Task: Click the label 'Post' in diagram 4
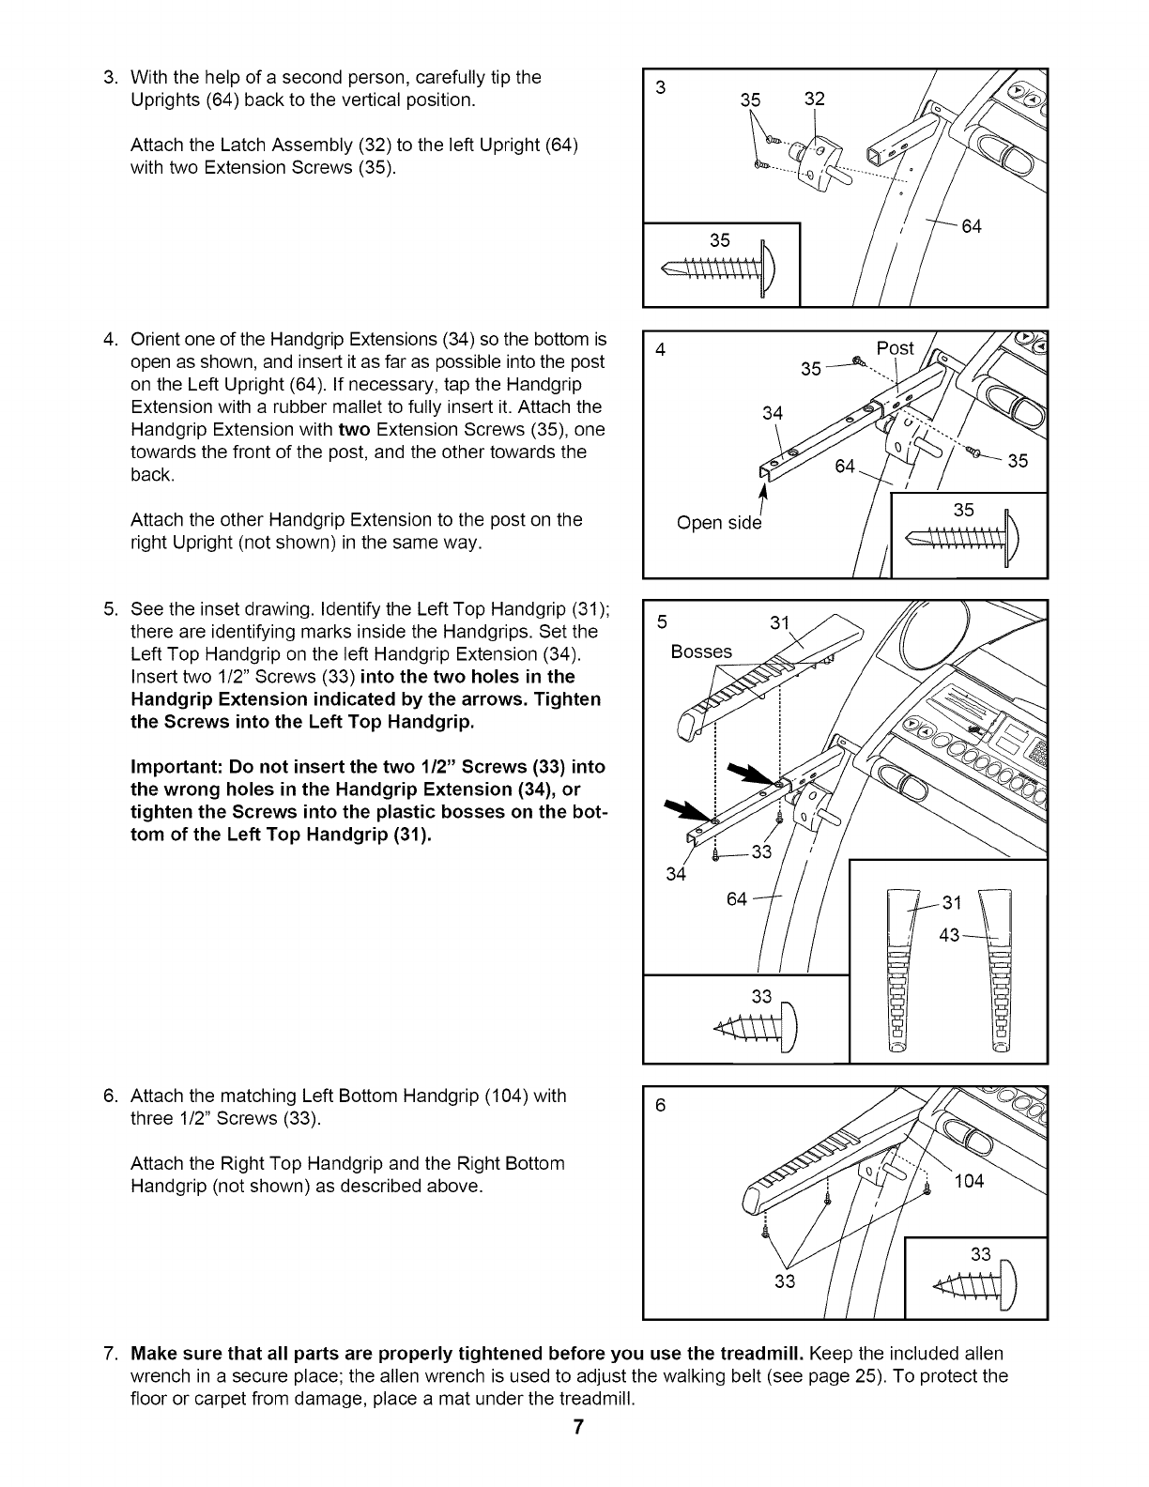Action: [x=895, y=348]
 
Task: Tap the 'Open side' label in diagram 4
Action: [x=719, y=523]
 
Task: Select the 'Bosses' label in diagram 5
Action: [x=701, y=652]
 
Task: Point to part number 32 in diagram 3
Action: [x=814, y=98]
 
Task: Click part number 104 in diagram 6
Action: [x=968, y=1181]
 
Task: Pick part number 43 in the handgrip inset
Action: [x=951, y=936]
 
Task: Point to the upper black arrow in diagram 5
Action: [x=755, y=773]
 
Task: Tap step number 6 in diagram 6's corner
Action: [x=660, y=1105]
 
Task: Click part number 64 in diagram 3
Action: [x=972, y=226]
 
